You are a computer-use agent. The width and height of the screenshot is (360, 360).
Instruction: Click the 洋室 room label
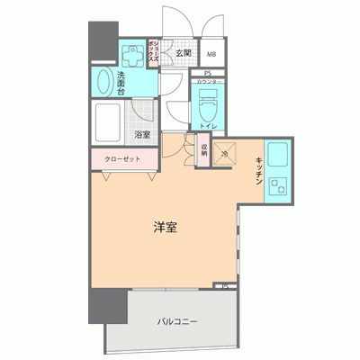164,228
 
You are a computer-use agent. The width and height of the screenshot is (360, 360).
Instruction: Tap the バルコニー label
177,321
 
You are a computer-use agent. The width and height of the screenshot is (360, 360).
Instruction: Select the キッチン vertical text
258,170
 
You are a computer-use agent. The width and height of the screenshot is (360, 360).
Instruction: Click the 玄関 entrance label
183,53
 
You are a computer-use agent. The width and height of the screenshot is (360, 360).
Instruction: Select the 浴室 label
142,135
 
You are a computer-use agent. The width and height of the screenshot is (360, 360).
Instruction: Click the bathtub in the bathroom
110,121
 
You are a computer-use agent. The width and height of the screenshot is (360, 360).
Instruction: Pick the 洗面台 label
121,82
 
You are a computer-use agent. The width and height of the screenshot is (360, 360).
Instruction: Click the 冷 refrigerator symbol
225,153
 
